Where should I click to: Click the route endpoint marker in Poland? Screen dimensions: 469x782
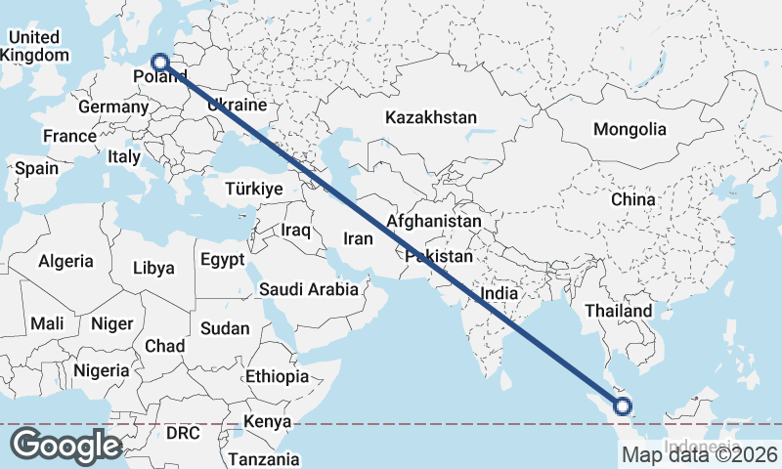tap(161, 63)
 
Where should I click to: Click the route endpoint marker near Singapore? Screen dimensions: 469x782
tap(623, 407)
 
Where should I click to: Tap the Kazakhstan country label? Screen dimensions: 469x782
tap(430, 117)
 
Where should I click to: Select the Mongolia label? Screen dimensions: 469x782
tap(630, 129)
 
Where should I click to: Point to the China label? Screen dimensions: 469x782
tap(632, 199)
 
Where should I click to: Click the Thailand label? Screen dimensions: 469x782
tap(618, 311)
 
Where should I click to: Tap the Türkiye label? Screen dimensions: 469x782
tap(253, 189)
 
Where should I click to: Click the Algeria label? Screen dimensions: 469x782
tap(65, 261)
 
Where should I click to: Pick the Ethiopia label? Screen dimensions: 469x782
tap(277, 376)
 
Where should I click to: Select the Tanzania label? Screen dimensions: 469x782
tap(263, 458)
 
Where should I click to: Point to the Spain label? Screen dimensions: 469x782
tap(36, 168)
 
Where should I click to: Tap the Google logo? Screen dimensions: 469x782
tap(65, 446)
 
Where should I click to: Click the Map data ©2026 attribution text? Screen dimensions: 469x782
tap(700, 454)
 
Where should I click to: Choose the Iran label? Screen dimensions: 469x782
tap(357, 237)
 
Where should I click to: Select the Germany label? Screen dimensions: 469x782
tap(111, 107)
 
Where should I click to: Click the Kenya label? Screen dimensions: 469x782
tap(267, 421)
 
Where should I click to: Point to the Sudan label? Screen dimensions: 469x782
tap(224, 329)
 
